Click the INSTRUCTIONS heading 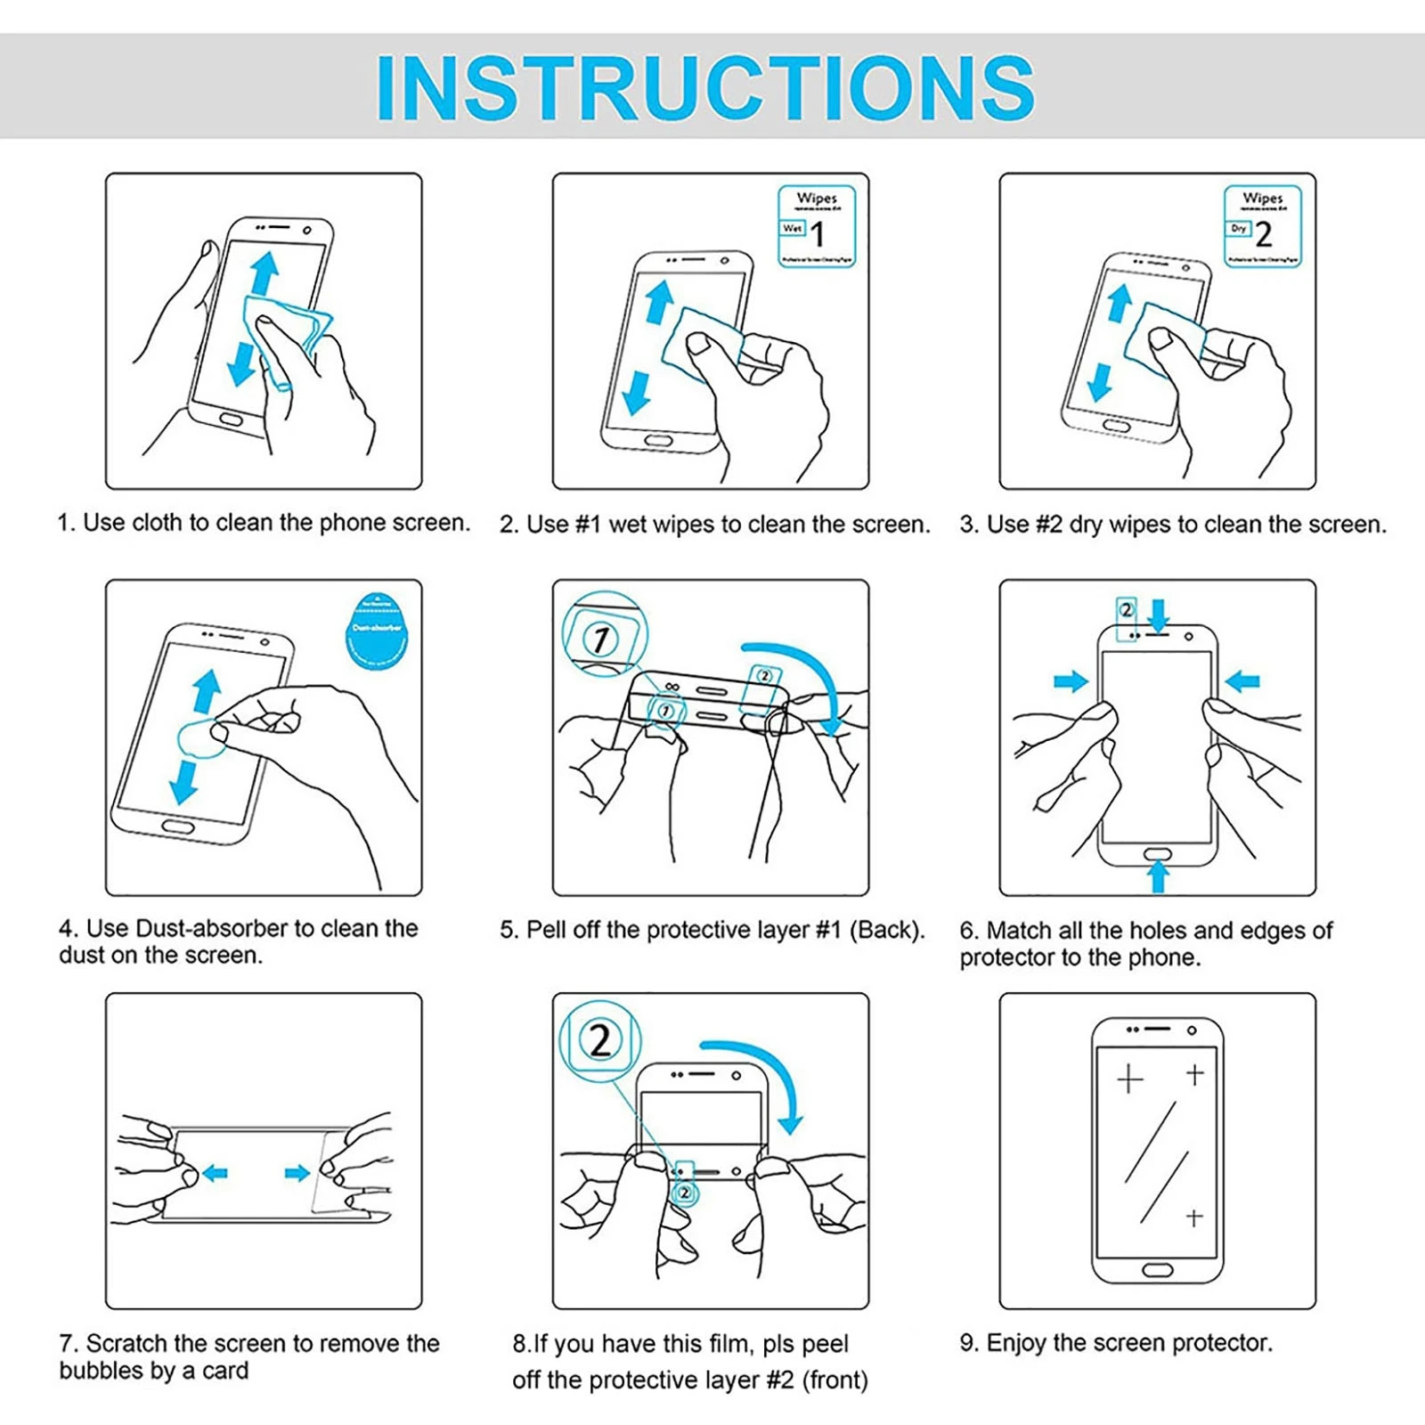705,87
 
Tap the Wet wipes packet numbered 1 816,226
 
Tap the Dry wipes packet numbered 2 1262,226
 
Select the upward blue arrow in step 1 264,272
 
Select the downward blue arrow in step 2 637,393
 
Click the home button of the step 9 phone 1157,1270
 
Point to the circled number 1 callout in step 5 602,638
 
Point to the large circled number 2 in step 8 599,1039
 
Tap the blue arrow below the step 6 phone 1157,876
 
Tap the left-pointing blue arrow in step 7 215,1173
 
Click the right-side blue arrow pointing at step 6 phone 1242,682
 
